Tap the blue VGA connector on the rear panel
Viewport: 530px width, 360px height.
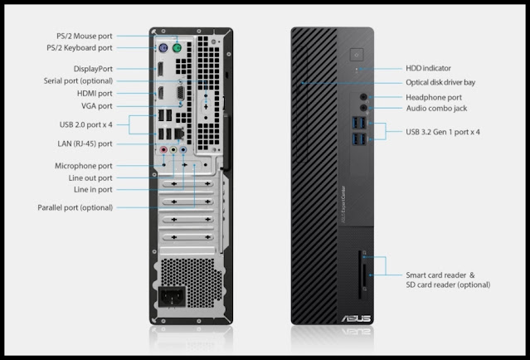pos(182,95)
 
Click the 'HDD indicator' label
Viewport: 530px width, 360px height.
pos(428,68)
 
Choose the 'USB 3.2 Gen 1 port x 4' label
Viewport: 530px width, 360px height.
pos(443,131)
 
